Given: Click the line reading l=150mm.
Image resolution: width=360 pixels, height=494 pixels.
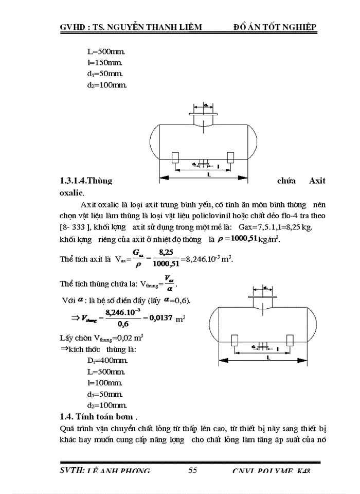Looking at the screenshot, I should click(x=105, y=63).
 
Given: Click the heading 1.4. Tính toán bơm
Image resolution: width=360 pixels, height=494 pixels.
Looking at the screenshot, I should click(x=99, y=416).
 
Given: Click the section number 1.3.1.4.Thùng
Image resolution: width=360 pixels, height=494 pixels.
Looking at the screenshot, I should click(x=86, y=181).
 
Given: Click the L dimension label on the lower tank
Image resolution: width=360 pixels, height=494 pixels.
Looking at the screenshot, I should click(x=267, y=357).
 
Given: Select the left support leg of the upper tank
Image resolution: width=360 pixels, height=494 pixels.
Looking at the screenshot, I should click(x=175, y=157).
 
